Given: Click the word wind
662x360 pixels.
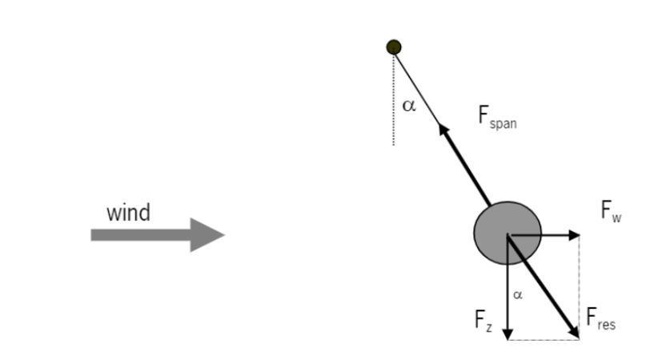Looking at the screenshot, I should point(128,213).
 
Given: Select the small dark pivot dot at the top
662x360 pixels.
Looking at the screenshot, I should point(393,47).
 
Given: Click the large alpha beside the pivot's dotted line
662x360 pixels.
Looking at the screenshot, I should point(409,106).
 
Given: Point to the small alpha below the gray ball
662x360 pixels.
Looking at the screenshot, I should point(517,294).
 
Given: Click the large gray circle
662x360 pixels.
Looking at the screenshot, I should point(506,234).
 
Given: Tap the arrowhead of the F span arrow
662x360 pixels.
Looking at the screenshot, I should point(441,127).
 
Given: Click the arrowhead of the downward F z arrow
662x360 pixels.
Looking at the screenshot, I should point(507,331).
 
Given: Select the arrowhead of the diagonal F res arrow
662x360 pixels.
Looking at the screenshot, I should point(572,329).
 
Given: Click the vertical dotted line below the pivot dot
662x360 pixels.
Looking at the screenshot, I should point(393,104).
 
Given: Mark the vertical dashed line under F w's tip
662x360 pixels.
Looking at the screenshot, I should point(580,280).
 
